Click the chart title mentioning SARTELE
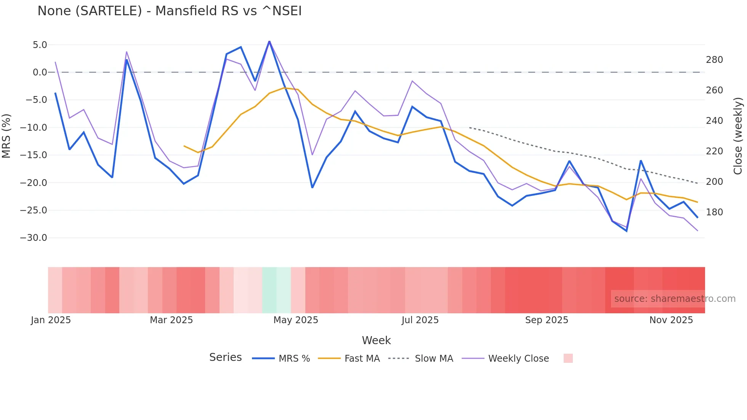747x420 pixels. coord(169,11)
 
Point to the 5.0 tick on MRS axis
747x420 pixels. coord(40,45)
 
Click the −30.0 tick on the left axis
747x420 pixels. coord(34,238)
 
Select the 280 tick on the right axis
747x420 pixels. coord(714,60)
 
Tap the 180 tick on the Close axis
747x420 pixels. coord(714,212)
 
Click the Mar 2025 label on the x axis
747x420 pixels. coord(171,320)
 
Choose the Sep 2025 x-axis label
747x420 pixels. coord(546,320)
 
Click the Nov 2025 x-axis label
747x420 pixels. coord(671,320)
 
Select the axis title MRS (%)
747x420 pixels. coord(6,136)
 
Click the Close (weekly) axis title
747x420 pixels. coord(738,136)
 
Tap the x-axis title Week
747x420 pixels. coord(376,340)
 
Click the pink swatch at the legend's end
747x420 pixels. coord(568,358)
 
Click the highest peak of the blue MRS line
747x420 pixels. coord(269,41)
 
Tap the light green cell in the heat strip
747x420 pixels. coord(269,290)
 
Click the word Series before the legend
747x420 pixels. coord(225,357)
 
